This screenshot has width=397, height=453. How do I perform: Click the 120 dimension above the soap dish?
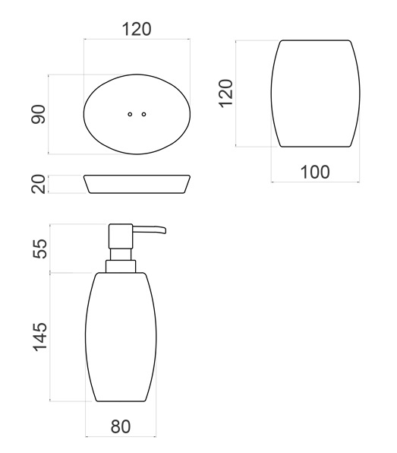point(137,29)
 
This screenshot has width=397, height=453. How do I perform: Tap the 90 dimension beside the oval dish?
point(39,115)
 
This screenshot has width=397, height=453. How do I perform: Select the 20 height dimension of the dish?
point(39,184)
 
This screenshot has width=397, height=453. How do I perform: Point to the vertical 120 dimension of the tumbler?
point(225,93)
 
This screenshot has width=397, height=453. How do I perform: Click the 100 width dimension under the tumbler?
point(315,172)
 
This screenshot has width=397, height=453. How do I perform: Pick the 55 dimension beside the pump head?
point(39,249)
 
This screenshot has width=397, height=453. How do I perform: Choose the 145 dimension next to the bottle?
point(39,337)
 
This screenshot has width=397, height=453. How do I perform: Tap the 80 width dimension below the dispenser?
point(121,426)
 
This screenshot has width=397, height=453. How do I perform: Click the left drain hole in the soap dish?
point(130,115)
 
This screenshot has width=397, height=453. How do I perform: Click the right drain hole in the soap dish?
point(143,115)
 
